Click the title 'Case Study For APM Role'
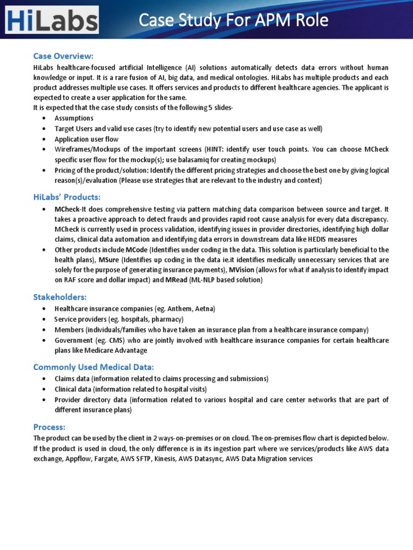point(233,21)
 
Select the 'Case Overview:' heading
point(63,56)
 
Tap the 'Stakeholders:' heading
point(60,297)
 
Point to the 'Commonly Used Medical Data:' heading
point(94,367)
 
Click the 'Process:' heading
point(49,426)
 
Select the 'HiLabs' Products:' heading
point(66,197)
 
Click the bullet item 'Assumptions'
point(74,118)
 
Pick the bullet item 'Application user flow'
point(86,139)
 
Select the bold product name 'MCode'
point(136,250)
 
